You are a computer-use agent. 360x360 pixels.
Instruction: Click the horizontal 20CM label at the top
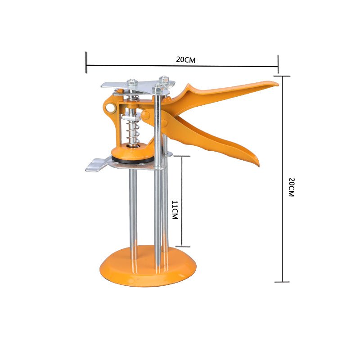click(186, 59)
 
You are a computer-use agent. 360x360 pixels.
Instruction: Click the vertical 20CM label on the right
click(291, 187)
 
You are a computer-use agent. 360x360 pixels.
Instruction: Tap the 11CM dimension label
click(175, 210)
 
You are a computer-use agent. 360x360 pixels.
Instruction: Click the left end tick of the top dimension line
click(85, 62)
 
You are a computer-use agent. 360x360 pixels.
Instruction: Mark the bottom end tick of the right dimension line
click(282, 282)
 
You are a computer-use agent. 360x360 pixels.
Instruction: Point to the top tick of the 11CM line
click(182, 157)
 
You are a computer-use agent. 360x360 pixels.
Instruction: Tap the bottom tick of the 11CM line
click(182, 246)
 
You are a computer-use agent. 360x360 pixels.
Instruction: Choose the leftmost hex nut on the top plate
click(132, 83)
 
